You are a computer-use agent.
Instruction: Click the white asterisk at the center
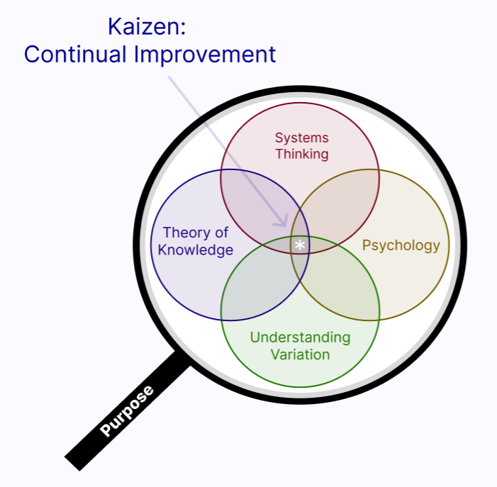tap(300, 245)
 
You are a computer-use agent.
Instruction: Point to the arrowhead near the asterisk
tap(284, 222)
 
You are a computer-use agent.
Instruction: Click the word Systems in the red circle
tap(302, 138)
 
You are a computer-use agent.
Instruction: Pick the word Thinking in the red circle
tap(302, 154)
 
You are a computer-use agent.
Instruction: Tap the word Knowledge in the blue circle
tap(195, 250)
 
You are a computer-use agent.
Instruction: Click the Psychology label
tap(401, 246)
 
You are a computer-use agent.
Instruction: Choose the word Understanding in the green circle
tap(300, 337)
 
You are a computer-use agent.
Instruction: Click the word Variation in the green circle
tap(300, 354)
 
